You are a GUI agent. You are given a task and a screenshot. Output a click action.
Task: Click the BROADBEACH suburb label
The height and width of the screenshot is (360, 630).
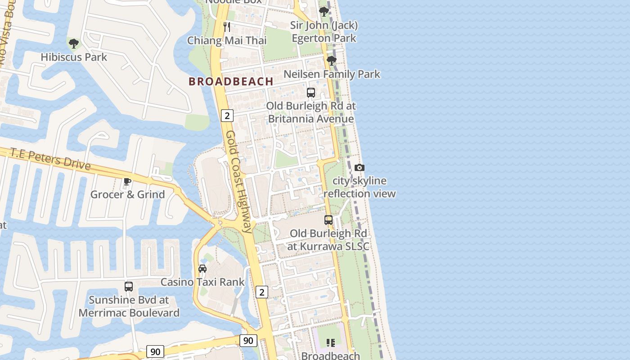click(x=231, y=81)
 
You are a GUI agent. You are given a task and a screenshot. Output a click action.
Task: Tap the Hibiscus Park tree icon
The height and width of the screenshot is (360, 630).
click(x=74, y=44)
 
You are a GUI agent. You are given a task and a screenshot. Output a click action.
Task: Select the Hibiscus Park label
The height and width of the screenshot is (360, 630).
click(x=74, y=57)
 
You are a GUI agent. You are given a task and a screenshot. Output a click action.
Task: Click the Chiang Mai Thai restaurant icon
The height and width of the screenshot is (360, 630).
click(x=227, y=27)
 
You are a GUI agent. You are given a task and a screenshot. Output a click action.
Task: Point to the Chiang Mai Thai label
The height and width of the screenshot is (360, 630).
click(x=227, y=40)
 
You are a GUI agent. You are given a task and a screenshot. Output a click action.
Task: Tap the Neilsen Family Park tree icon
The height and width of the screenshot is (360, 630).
click(x=332, y=61)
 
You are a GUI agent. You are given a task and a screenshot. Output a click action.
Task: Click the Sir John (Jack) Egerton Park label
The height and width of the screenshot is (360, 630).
click(x=324, y=31)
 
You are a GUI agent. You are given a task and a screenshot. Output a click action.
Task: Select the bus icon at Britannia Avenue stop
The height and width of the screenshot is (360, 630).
click(x=310, y=93)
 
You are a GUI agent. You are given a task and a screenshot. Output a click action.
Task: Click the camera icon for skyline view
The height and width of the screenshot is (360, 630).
click(x=359, y=168)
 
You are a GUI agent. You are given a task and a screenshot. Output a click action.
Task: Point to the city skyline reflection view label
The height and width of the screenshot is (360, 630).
click(x=359, y=187)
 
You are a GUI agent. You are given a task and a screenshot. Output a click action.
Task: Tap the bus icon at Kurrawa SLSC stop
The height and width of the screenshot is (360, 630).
click(x=328, y=220)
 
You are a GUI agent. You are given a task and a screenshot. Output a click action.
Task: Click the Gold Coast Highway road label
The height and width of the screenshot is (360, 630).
click(x=238, y=182)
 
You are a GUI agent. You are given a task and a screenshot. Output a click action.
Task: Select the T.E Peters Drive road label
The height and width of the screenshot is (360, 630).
click(x=50, y=159)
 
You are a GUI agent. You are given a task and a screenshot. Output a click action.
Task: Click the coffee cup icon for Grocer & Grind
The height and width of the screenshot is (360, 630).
click(x=127, y=181)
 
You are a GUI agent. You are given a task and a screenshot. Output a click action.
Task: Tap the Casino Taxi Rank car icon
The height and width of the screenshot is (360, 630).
click(x=202, y=269)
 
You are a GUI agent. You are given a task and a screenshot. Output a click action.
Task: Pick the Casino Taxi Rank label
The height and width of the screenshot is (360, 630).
click(x=202, y=282)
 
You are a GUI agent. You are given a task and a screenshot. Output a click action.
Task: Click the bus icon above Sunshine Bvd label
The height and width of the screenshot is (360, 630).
click(x=129, y=287)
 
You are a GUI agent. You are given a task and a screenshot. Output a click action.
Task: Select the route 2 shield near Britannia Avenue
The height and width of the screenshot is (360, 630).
click(x=227, y=116)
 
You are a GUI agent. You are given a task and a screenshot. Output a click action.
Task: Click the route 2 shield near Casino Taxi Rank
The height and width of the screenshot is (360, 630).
click(x=261, y=292)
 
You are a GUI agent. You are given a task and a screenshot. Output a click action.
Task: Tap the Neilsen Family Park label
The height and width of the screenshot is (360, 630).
click(x=332, y=74)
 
